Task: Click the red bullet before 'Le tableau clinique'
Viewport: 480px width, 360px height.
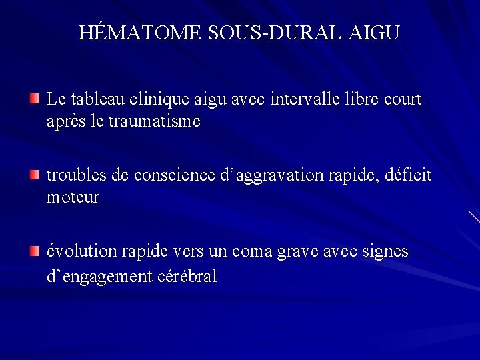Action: click(35, 99)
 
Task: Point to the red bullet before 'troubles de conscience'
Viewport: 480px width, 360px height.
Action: click(35, 175)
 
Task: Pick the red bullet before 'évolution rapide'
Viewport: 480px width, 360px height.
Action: click(35, 251)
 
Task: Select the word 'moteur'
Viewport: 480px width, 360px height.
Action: click(73, 198)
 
